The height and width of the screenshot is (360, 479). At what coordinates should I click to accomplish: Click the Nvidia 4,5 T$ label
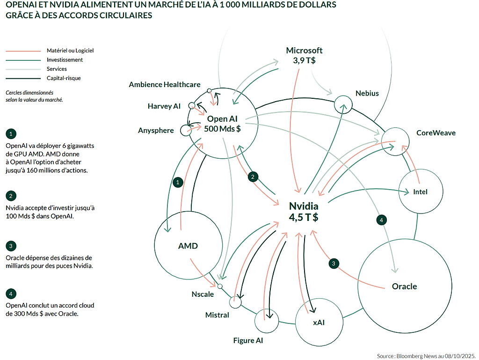coord(304,212)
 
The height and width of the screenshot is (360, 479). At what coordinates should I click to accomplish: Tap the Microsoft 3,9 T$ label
coord(304,55)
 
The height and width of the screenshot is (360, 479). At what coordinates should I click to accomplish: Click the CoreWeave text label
coord(435,133)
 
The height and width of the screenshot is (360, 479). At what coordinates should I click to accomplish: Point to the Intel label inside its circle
coord(420,192)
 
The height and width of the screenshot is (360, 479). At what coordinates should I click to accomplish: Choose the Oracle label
coord(404,287)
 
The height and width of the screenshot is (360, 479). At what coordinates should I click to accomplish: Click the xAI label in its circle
coord(319,323)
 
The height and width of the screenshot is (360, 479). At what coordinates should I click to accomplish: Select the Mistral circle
coord(235,302)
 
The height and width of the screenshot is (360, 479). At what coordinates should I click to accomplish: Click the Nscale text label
coord(203,294)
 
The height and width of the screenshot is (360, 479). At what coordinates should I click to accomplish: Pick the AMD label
coord(188,246)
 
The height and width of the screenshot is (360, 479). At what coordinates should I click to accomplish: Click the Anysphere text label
coord(156,131)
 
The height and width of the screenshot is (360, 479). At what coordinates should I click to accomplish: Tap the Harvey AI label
coord(164,106)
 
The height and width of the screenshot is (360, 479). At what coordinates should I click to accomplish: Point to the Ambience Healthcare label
coord(165,85)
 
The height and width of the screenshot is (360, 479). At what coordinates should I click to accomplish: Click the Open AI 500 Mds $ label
coord(222,124)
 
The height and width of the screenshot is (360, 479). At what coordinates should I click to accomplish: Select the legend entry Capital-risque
coord(64,78)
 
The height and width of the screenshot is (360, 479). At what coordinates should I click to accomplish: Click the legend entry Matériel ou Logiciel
coord(67,51)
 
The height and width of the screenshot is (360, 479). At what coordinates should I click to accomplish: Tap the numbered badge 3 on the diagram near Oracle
coord(334,264)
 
